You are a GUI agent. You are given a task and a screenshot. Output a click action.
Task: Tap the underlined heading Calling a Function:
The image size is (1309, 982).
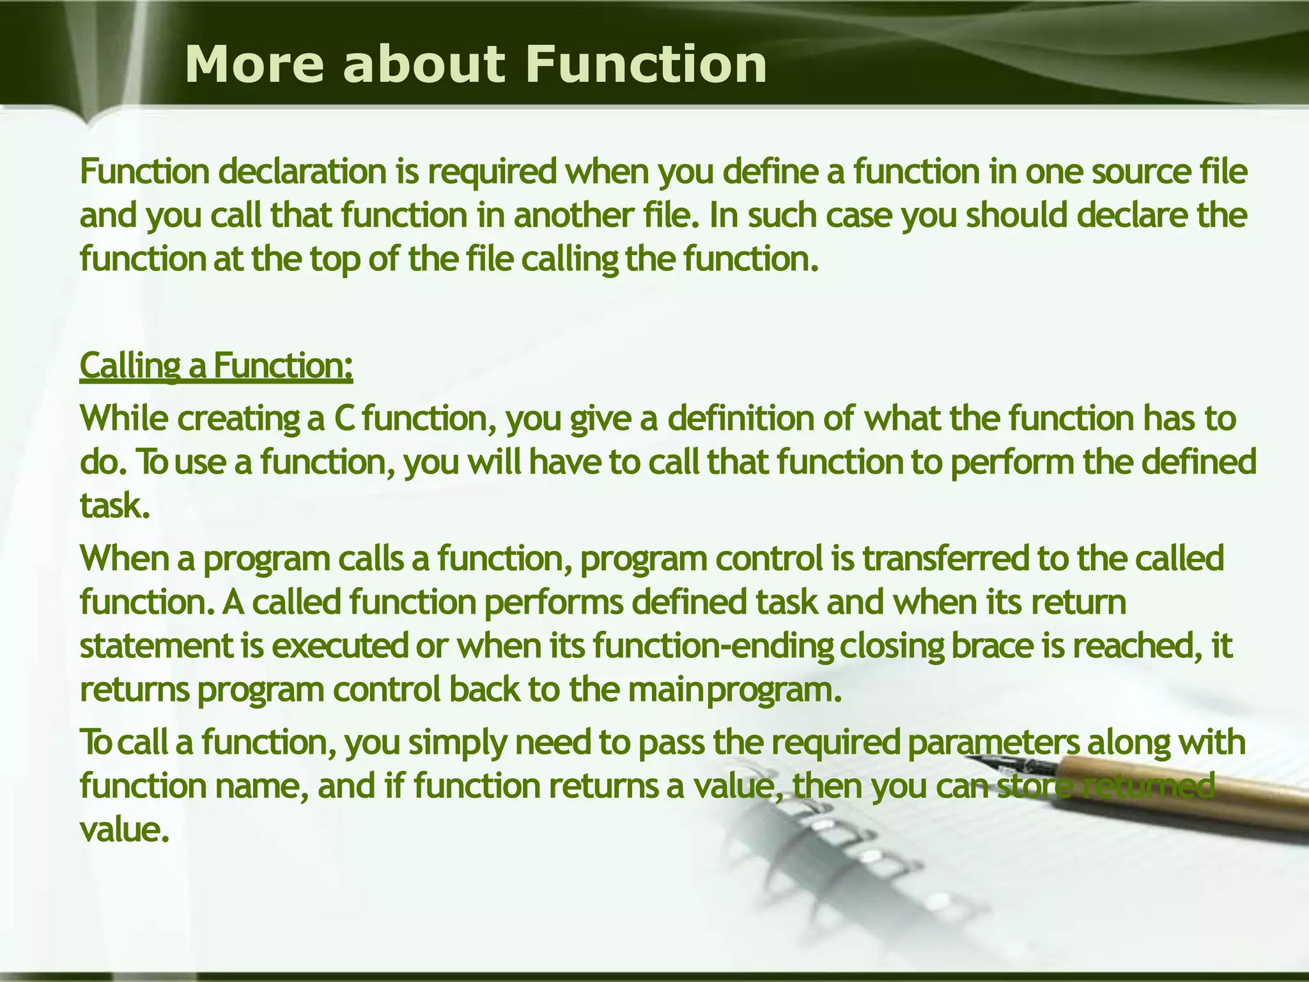point(216,366)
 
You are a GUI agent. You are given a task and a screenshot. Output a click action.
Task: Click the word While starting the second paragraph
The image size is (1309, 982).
point(124,419)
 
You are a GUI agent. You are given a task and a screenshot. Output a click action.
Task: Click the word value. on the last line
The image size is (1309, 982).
point(125,830)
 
